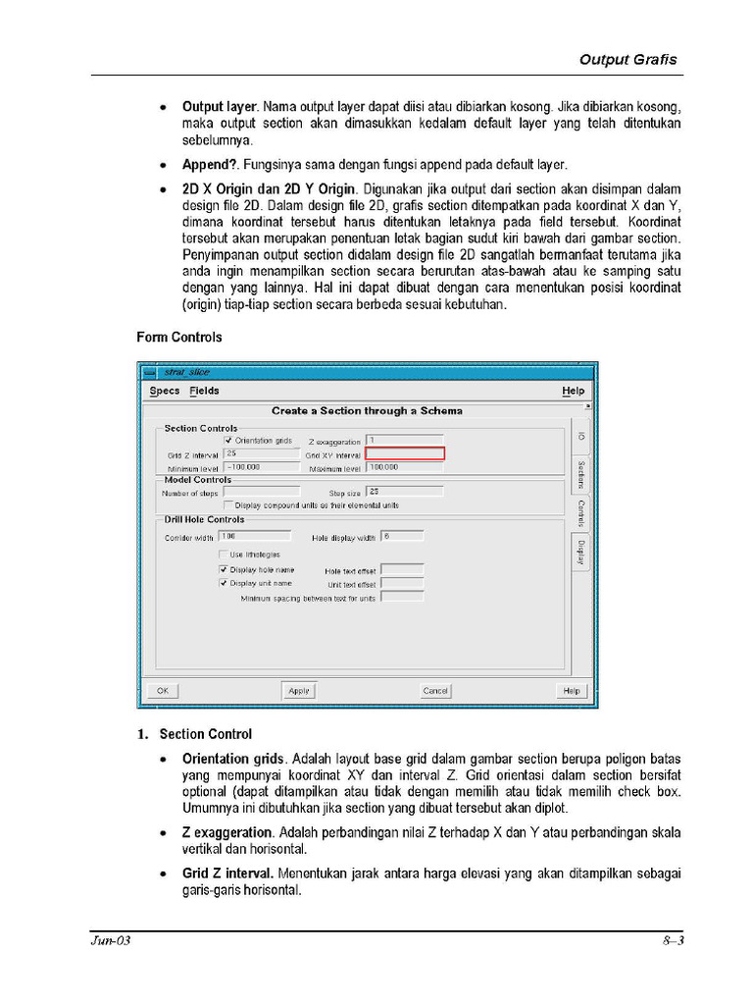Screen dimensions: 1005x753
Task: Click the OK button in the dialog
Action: click(163, 691)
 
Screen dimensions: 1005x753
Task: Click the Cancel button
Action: click(435, 691)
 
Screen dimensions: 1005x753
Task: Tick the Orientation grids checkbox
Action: click(228, 441)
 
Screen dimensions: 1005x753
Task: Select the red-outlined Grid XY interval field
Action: click(405, 453)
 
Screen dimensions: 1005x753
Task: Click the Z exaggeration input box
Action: click(404, 441)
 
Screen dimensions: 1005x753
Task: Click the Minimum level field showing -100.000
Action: click(261, 467)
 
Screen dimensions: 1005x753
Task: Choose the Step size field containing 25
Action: click(404, 491)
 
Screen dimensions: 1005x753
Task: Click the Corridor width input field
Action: click(255, 536)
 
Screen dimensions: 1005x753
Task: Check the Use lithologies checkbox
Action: click(224, 555)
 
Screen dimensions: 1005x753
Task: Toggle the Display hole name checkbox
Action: click(224, 569)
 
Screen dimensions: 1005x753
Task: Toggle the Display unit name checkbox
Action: click(224, 582)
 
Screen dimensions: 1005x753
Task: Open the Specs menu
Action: click(165, 391)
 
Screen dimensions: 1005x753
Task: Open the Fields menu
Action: click(204, 391)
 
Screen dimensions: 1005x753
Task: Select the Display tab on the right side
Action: click(580, 552)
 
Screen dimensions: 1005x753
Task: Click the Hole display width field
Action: click(402, 536)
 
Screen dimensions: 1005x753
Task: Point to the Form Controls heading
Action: click(178, 337)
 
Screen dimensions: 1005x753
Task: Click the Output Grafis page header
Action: click(627, 59)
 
